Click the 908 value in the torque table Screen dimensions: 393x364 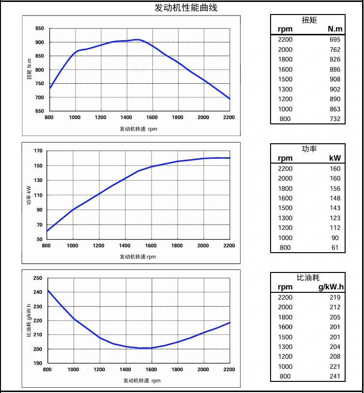[x=335, y=79]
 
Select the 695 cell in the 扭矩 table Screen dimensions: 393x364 [x=335, y=39]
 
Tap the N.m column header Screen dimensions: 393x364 [x=334, y=29]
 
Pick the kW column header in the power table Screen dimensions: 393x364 [x=334, y=158]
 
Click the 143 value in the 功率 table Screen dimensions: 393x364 [x=335, y=208]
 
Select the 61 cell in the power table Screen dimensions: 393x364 [x=336, y=248]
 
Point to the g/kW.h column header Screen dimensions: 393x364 [x=331, y=287]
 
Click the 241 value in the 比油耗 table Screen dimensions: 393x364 [x=335, y=377]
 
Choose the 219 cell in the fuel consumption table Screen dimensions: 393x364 [x=335, y=297]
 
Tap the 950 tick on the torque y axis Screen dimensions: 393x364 [x=39, y=29]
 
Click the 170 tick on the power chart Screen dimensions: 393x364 [x=38, y=151]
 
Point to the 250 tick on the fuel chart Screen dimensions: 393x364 [x=38, y=278]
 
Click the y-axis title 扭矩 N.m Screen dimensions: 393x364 [x=29, y=70]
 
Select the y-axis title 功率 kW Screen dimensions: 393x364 [x=29, y=196]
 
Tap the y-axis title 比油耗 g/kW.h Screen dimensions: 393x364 [x=29, y=320]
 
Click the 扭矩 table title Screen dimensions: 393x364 [x=308, y=20]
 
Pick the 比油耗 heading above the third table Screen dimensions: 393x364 [x=308, y=277]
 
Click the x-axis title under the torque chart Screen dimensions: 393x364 [x=138, y=129]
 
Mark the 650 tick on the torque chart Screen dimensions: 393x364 [x=39, y=111]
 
